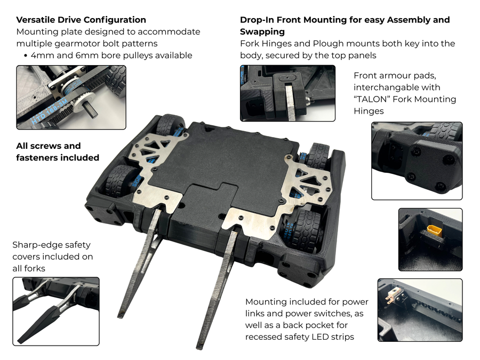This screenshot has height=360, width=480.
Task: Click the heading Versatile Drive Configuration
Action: coord(81,20)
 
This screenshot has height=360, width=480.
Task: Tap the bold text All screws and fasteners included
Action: coord(58,151)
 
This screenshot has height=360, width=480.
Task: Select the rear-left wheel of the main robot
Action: coord(170,126)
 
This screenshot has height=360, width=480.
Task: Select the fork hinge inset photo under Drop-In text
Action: coord(287,93)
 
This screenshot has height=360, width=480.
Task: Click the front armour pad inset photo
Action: coord(417,161)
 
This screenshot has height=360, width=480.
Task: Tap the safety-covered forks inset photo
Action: coord(55,311)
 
